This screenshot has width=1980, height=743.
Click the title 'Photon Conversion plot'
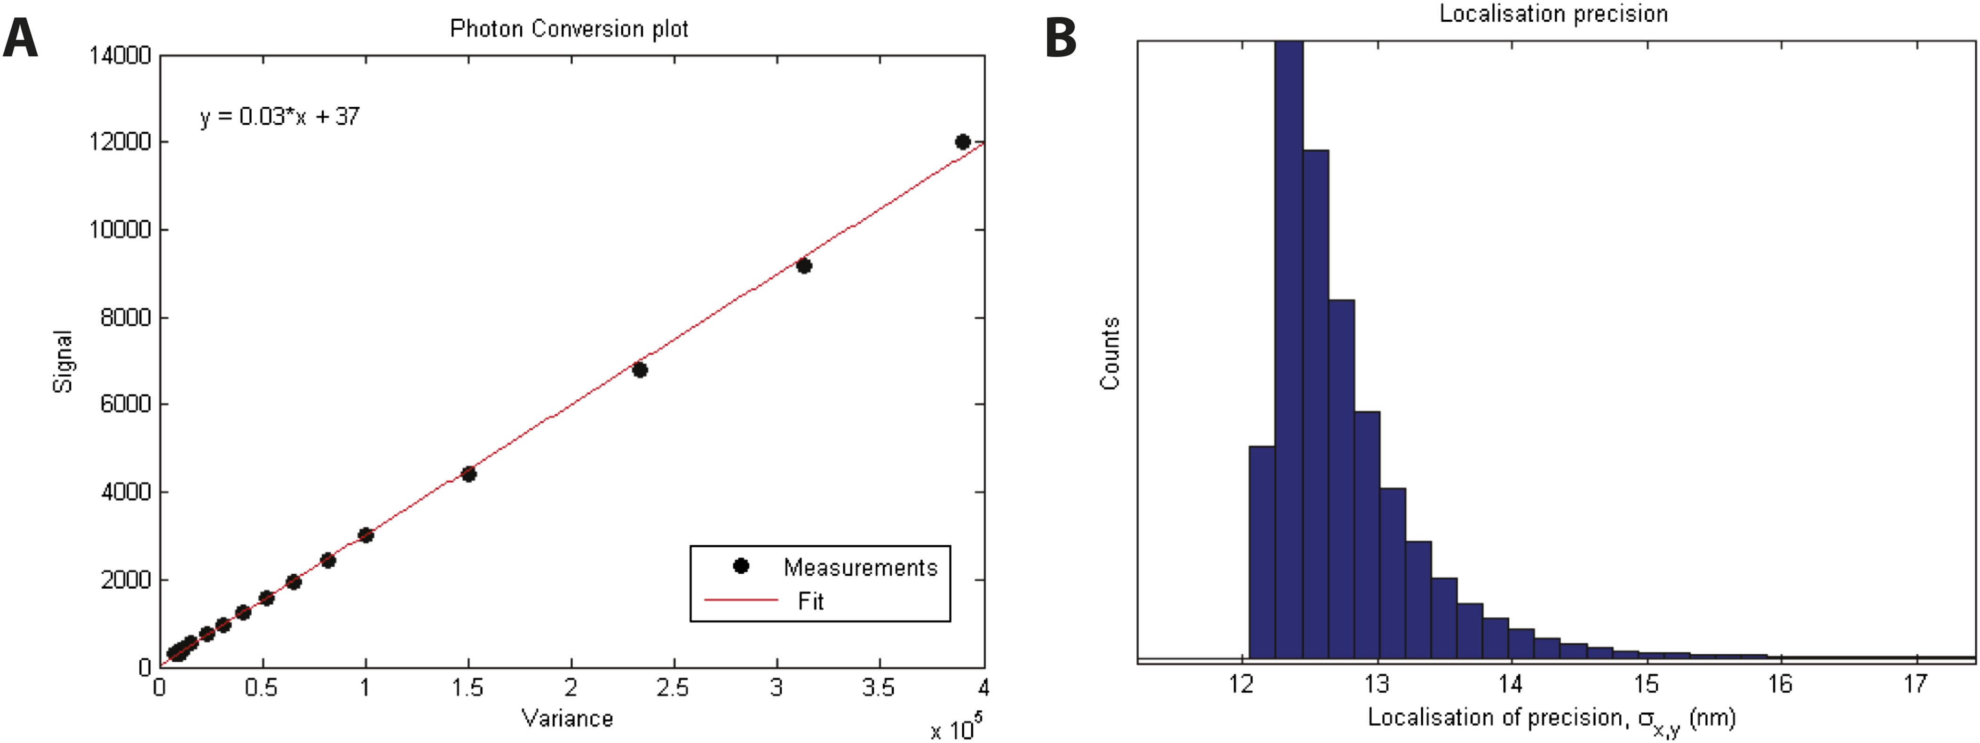569,29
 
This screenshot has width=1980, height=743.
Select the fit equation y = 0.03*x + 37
280,117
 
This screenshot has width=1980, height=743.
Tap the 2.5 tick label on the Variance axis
673,687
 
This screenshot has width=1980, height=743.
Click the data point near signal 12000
962,142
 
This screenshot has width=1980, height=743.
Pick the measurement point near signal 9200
804,266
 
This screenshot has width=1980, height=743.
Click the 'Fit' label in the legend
810,601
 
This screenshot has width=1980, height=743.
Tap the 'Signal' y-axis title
63,361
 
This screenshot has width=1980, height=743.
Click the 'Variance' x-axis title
567,719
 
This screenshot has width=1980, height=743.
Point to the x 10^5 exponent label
955,727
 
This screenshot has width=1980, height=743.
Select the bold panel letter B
1061,39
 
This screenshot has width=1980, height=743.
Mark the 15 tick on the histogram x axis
1646,683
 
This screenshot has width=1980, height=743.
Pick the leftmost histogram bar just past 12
1262,553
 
